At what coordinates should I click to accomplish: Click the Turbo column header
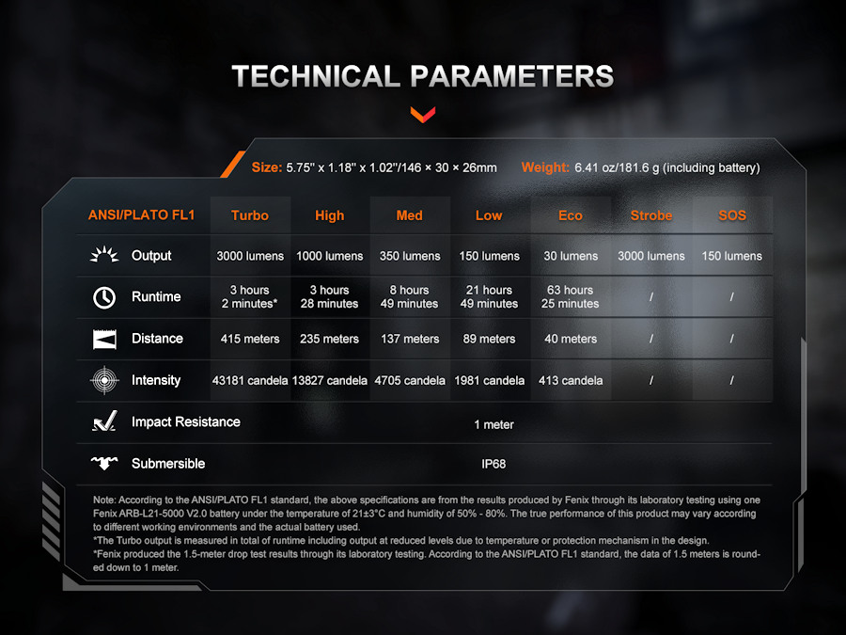click(x=250, y=215)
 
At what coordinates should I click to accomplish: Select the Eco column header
click(x=571, y=215)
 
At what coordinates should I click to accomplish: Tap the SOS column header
click(x=732, y=215)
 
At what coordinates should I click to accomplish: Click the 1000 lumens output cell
click(x=330, y=256)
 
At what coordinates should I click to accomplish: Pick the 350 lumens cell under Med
click(x=410, y=256)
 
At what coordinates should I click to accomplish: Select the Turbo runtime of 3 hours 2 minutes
click(x=249, y=296)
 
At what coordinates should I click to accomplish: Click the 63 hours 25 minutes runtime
click(x=571, y=296)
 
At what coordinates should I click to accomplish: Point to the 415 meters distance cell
click(x=250, y=339)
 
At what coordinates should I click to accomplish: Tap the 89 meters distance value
click(x=489, y=339)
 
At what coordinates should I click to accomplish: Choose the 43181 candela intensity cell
click(x=250, y=380)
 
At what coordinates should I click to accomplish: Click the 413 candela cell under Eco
click(x=571, y=380)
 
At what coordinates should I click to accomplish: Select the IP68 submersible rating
click(x=493, y=464)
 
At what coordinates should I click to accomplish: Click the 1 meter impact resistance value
click(x=493, y=424)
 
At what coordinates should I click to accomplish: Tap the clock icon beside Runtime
click(x=104, y=297)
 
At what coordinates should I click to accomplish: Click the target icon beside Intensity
click(x=104, y=380)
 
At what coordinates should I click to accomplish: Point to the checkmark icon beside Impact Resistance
click(x=104, y=421)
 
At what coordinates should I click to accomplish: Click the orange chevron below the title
click(x=422, y=115)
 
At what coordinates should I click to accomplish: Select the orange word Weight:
click(x=545, y=167)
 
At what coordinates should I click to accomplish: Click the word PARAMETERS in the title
click(x=512, y=76)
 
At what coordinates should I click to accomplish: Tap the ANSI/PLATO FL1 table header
click(x=141, y=214)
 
